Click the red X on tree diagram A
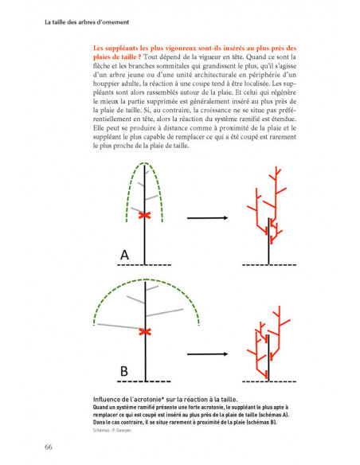point(145,215)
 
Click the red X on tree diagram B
point(145,330)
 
